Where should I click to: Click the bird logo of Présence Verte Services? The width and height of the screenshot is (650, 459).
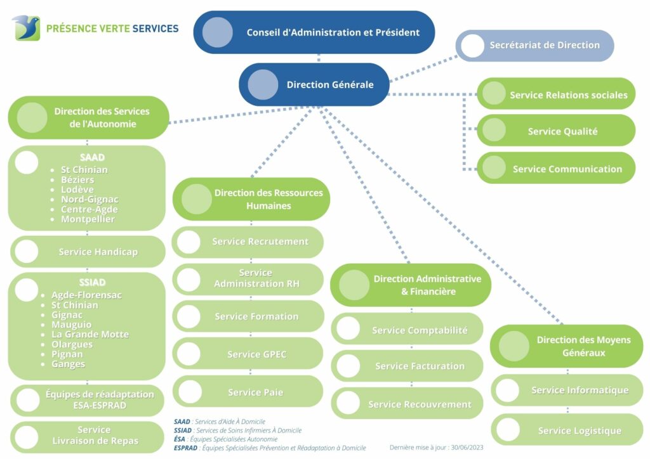(27, 28)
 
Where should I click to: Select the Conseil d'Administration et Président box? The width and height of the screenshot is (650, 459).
(314, 32)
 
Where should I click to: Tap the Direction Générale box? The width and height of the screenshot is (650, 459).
(314, 84)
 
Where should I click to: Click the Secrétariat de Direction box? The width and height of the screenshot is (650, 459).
(534, 46)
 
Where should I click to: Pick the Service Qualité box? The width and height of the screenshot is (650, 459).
(556, 131)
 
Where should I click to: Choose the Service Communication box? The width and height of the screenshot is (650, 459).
(556, 168)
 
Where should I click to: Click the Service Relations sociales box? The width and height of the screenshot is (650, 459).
(556, 94)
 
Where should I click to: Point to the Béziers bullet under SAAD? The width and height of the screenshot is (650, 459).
(77, 179)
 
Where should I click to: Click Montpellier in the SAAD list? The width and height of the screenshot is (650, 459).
(88, 219)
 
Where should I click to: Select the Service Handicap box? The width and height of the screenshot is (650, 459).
(88, 252)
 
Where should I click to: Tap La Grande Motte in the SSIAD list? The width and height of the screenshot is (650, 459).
(90, 334)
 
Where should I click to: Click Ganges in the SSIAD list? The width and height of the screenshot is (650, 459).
(68, 364)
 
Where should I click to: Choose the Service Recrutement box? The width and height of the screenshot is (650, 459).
(248, 242)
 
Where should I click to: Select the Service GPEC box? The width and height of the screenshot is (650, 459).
(248, 354)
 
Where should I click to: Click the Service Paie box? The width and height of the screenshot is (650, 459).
(248, 392)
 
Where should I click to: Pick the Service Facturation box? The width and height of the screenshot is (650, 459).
(407, 366)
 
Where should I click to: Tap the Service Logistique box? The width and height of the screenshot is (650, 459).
(567, 430)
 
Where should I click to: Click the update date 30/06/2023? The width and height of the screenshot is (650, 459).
(467, 448)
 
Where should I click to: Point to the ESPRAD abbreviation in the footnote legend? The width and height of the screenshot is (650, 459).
(185, 448)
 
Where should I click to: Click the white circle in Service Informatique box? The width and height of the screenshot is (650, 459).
(508, 390)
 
